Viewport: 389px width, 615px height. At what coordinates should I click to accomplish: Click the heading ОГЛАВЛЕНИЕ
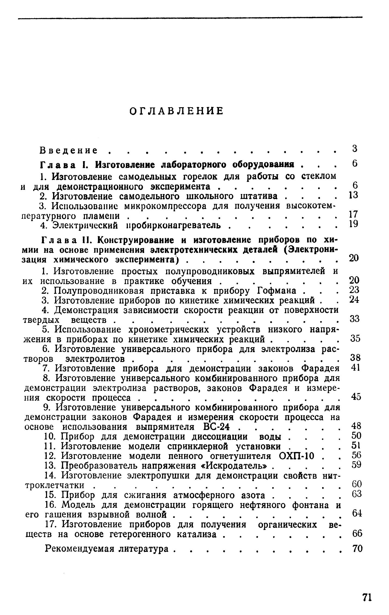click(176, 111)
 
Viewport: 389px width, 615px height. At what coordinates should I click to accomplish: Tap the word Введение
click(69, 150)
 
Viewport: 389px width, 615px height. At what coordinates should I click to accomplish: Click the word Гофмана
click(276, 291)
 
